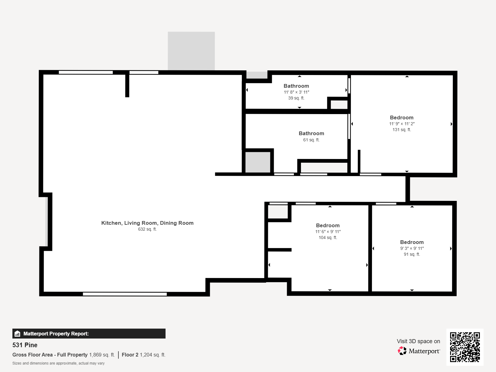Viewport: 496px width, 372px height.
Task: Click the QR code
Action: point(465,347)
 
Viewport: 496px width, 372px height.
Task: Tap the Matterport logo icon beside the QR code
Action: point(402,351)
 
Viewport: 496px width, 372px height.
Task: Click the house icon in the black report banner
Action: point(17,334)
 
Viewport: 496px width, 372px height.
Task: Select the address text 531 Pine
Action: point(25,345)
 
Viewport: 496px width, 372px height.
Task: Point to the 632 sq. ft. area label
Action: point(147,229)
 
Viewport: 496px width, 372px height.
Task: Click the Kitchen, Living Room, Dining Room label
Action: point(147,223)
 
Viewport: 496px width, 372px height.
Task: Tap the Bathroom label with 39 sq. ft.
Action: point(296,86)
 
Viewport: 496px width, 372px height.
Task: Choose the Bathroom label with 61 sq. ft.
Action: point(311,133)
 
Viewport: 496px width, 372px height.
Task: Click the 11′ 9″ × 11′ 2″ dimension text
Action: point(402,124)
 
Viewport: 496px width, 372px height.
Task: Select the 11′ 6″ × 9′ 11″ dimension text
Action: point(328,232)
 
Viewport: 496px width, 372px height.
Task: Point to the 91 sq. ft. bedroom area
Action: point(412,254)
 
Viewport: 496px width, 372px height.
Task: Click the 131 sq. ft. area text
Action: point(402,130)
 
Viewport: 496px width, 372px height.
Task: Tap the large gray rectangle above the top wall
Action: point(191,51)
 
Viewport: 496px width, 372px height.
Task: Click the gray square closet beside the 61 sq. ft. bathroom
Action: point(258,162)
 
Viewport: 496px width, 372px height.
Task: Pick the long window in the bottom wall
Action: point(125,294)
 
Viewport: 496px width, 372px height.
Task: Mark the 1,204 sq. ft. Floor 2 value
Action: point(153,355)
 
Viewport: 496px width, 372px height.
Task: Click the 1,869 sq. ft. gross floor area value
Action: point(102,355)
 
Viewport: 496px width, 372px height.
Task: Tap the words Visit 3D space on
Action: point(418,341)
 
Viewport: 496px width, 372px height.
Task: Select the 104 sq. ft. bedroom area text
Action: point(328,237)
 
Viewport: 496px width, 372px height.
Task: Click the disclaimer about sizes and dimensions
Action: point(58,363)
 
